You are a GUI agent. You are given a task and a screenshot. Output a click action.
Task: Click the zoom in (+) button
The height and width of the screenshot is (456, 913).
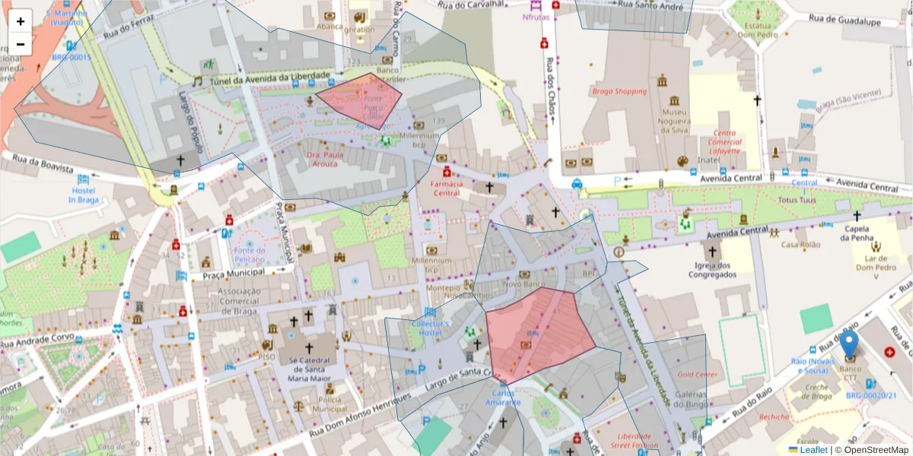tap(21, 21)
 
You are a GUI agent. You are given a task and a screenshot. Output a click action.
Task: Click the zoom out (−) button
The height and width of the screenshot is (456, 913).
tap(21, 44)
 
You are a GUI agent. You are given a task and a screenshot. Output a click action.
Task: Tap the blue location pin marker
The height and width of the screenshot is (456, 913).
tap(849, 347)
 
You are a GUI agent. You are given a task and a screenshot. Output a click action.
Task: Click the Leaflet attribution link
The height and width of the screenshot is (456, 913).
tap(813, 450)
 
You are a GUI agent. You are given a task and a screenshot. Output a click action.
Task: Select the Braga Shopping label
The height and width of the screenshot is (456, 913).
tap(619, 91)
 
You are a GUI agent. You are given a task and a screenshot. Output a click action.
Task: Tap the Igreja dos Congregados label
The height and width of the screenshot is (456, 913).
tap(713, 270)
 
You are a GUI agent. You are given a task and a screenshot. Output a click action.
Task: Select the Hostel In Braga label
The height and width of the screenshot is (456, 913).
tap(83, 195)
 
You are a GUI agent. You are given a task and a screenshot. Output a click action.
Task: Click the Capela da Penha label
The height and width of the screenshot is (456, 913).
tap(855, 233)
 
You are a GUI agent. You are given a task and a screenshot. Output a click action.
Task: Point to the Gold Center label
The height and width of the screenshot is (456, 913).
tap(697, 375)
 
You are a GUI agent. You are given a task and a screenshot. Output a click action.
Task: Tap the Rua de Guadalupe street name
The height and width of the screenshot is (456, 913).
tap(844, 21)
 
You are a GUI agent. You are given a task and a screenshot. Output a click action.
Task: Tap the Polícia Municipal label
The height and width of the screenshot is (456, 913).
tap(329, 404)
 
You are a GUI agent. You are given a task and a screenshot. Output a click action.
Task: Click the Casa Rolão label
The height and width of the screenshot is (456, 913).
tap(800, 245)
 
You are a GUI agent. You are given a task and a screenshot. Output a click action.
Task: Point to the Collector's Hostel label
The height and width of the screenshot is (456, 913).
tap(431, 328)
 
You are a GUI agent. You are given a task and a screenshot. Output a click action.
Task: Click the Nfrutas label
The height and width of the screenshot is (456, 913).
tap(537, 17)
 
